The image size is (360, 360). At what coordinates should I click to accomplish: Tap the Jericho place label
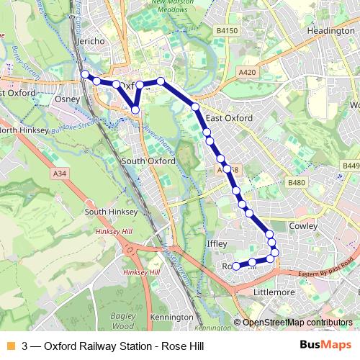point(94,42)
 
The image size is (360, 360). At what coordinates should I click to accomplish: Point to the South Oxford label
point(148,161)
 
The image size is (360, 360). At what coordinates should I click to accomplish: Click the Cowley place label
point(303,225)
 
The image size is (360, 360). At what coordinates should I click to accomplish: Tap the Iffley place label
point(217,244)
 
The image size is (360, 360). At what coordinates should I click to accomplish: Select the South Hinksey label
point(106,212)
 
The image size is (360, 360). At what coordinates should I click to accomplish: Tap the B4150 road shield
point(227,32)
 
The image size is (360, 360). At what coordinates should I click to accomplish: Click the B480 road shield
point(297,184)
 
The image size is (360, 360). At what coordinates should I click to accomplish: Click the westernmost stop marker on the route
point(85,74)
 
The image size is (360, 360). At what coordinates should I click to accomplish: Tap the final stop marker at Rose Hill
point(236,266)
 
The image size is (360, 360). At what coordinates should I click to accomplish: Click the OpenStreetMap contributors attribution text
point(297,323)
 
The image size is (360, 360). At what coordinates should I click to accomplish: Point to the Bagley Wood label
point(122,321)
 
